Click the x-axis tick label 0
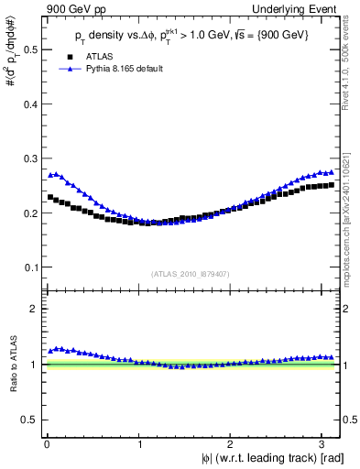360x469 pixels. (47, 443)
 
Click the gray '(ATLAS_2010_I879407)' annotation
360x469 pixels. (191, 272)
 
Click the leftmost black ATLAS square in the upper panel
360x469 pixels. (50, 197)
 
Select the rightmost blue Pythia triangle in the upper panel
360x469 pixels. (331, 172)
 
